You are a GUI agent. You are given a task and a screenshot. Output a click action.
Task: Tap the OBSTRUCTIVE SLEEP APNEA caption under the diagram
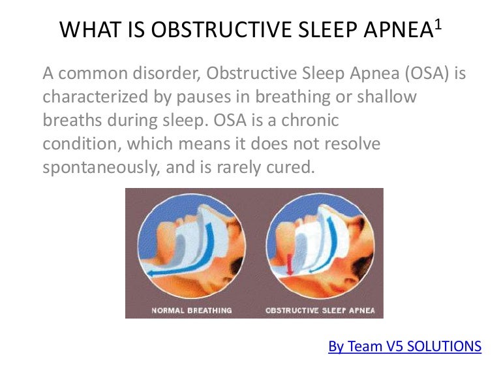[x=320, y=310]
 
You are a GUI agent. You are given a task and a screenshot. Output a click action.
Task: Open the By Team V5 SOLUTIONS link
[x=404, y=346]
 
